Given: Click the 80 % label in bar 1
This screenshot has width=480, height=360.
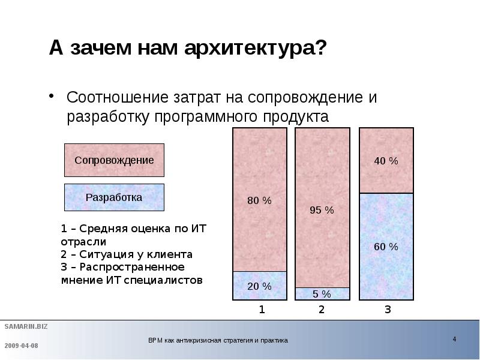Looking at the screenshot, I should [259, 201].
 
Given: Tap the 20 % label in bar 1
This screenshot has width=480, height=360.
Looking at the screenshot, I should [259, 286].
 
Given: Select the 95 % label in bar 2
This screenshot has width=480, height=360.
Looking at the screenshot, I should [322, 210].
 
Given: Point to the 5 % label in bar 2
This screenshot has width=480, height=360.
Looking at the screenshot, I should [322, 294].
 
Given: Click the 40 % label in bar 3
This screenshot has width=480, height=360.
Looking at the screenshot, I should [386, 161].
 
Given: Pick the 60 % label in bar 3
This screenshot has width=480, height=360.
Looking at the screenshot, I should [386, 247].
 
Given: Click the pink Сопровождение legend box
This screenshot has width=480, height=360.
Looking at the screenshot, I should [114, 160].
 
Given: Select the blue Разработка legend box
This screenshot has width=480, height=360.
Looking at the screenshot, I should [114, 197].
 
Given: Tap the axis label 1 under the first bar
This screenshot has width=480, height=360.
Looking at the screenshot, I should [262, 310].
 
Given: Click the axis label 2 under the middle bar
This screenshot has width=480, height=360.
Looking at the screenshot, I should [322, 310].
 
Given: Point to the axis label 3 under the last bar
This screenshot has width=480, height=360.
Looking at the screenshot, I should [387, 310].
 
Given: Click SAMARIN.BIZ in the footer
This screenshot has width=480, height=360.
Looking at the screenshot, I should [26, 326].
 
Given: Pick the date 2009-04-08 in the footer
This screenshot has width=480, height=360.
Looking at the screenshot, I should [22, 346].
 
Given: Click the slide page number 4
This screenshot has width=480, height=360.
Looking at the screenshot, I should [454, 340].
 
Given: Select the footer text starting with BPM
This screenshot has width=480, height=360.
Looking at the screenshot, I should [218, 340].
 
